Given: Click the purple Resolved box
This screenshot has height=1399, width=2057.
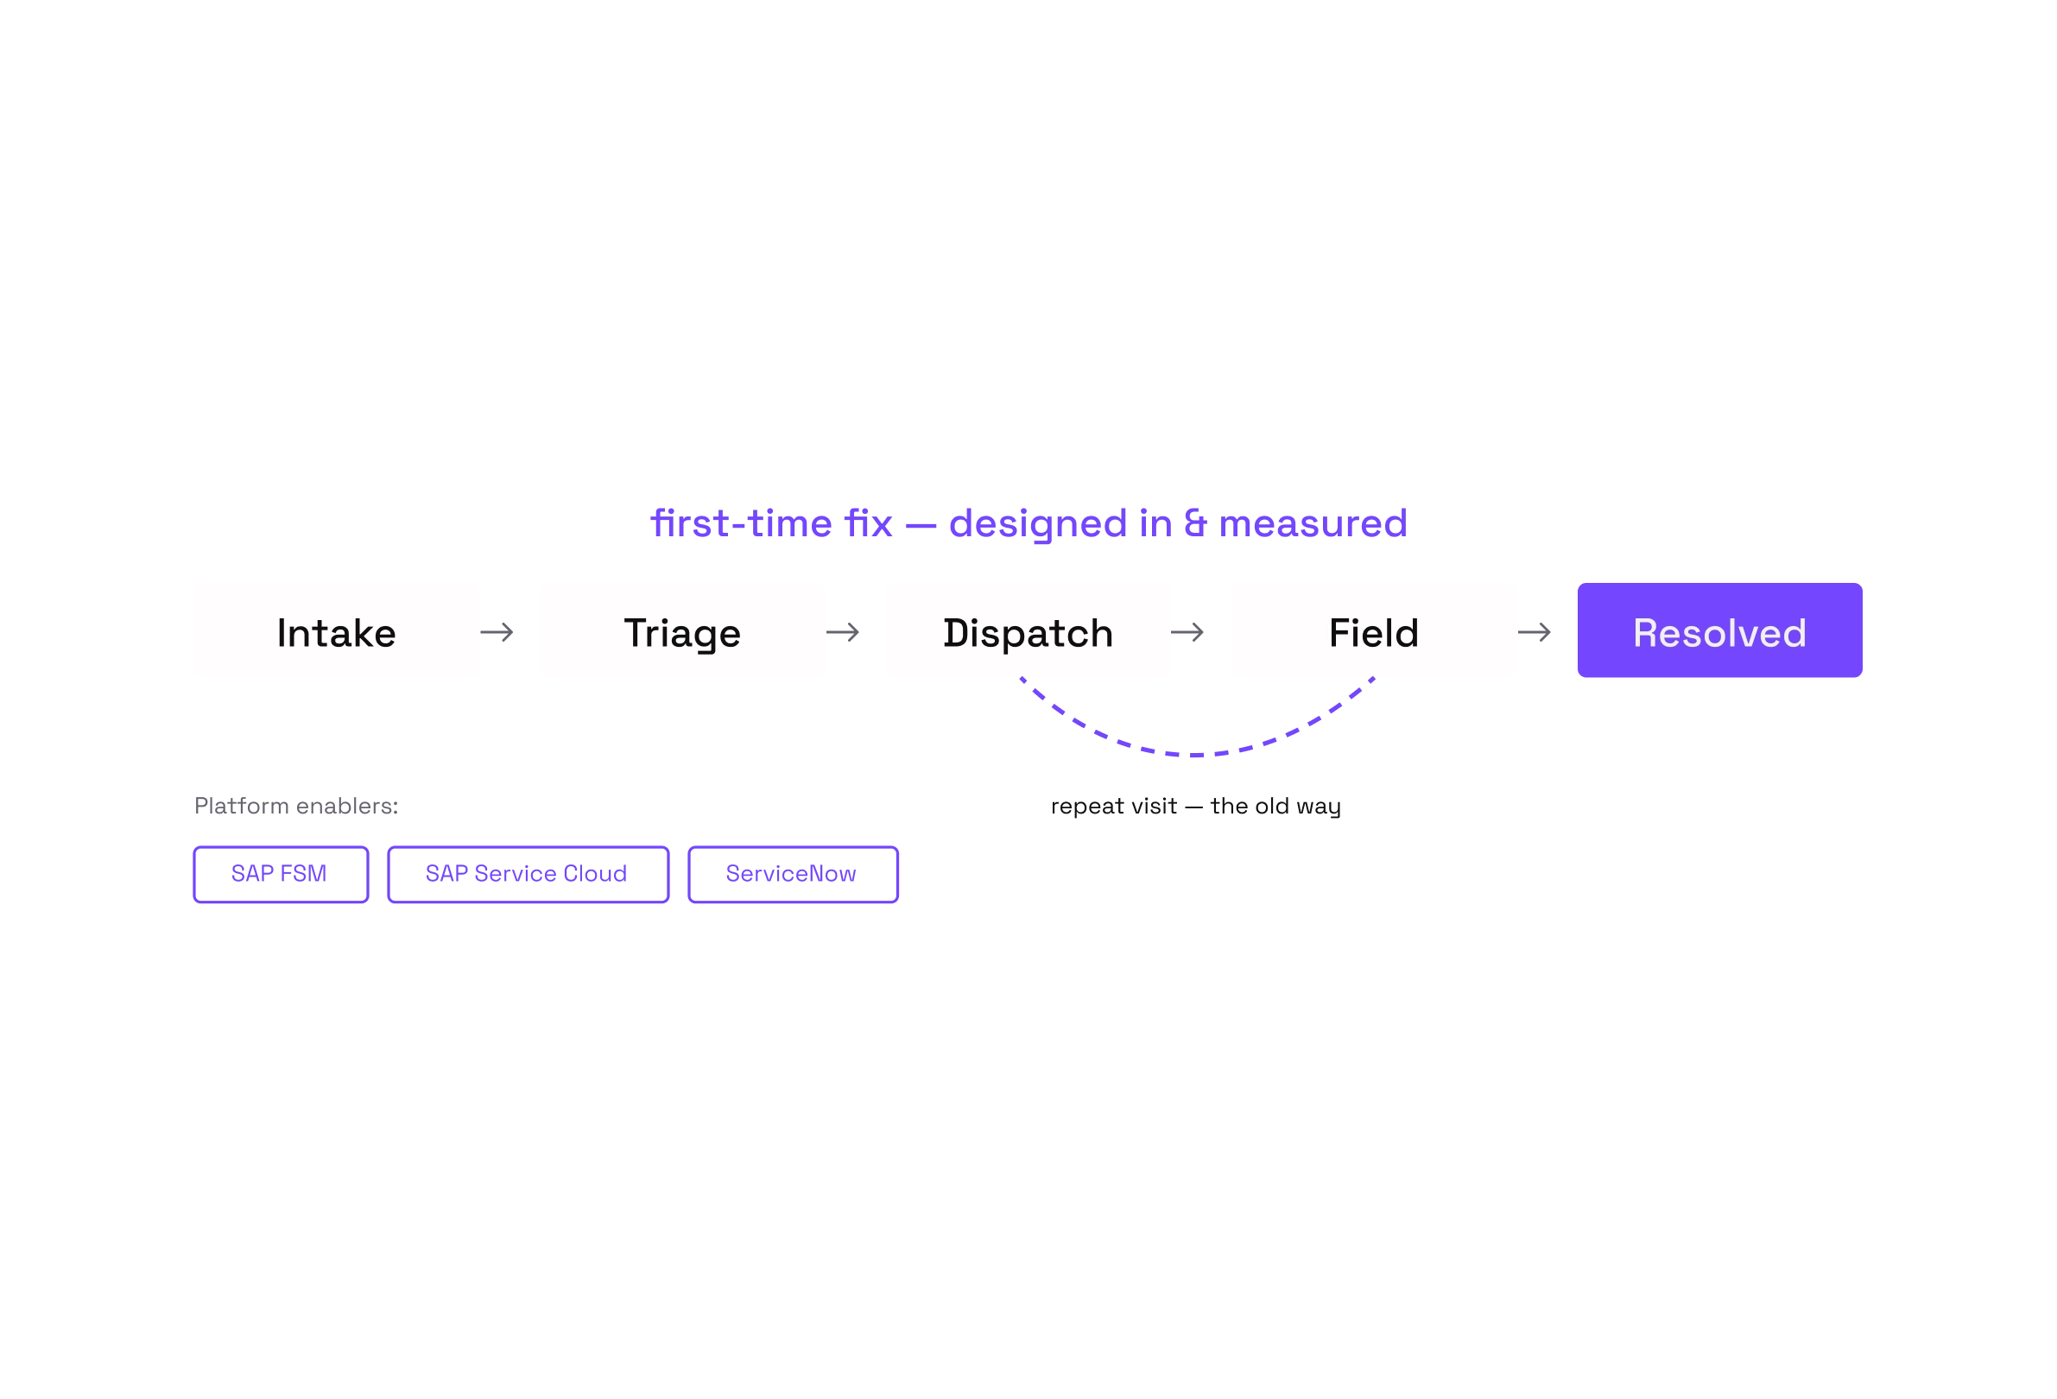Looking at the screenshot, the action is (1719, 630).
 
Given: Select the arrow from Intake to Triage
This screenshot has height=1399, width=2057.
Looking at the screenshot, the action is (497, 632).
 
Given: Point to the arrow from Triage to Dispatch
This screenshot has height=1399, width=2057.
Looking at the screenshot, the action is (843, 632).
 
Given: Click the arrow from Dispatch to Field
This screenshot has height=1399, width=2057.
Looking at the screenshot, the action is (1187, 632).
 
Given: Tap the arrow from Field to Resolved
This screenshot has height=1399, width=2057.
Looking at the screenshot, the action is (1534, 632).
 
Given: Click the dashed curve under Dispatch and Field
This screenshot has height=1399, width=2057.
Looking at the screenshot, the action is (1197, 755).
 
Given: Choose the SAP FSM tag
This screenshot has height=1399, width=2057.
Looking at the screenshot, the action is (281, 874).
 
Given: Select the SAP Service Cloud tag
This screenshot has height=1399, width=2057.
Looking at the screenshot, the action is (528, 874).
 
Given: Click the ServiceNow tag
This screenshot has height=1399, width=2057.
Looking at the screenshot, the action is (793, 874).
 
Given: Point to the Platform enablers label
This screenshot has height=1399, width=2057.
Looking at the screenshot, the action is (295, 806).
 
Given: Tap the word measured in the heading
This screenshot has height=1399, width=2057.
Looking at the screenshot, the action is (1313, 523).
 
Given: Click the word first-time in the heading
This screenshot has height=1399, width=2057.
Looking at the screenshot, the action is (742, 523).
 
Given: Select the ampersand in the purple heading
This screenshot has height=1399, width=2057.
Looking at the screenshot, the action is (1195, 523).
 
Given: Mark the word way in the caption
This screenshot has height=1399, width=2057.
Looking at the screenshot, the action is (1319, 809).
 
